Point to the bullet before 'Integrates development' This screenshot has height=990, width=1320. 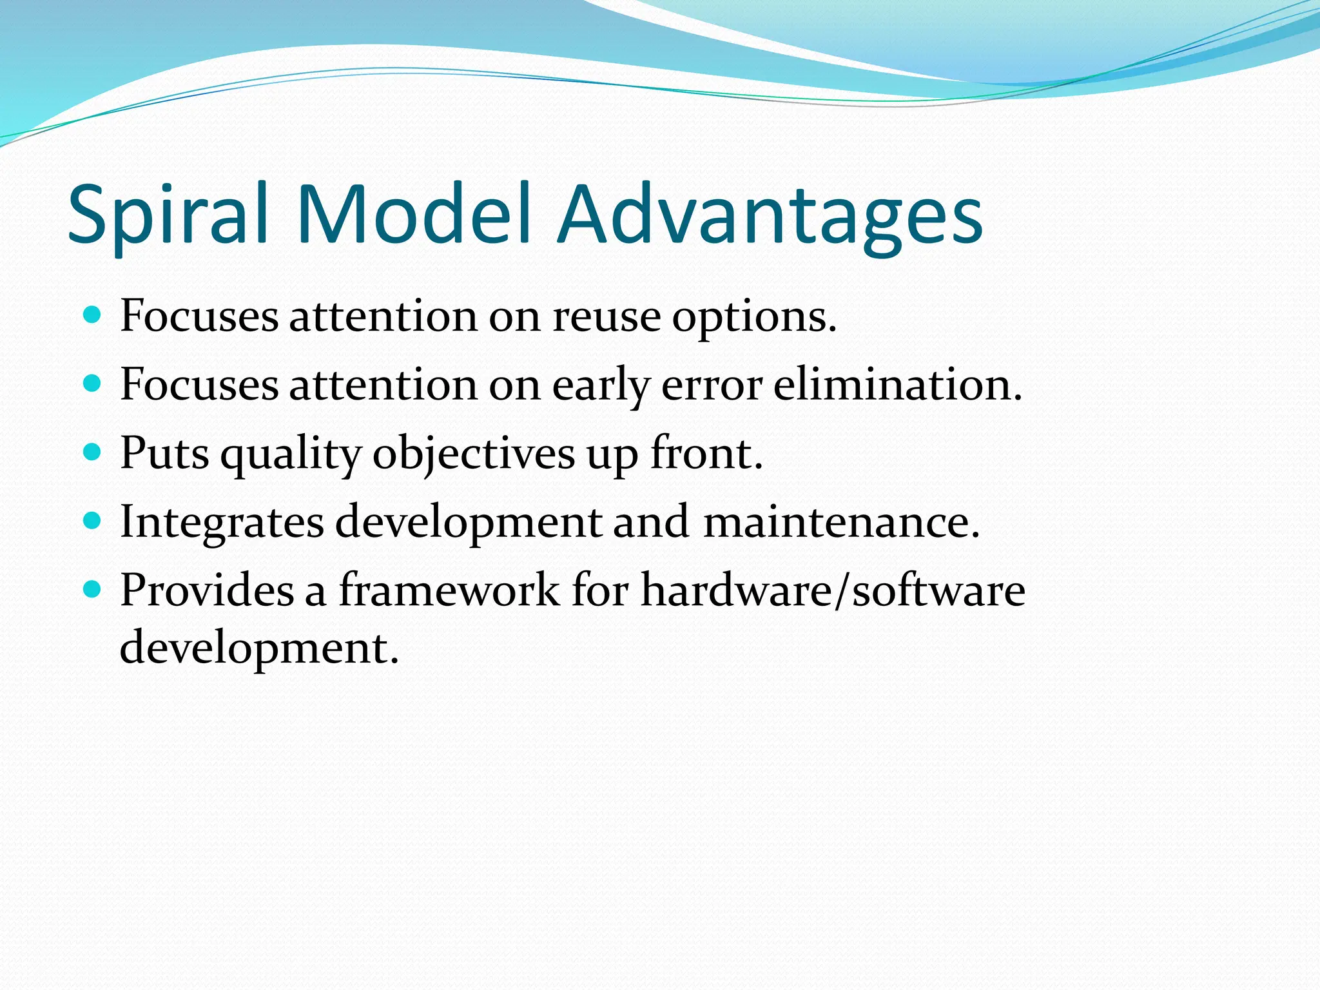(x=93, y=521)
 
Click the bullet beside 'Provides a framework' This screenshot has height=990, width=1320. (x=93, y=589)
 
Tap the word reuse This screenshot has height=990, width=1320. (x=607, y=317)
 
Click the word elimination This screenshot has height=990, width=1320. (x=897, y=385)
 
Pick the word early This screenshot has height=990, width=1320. (x=601, y=386)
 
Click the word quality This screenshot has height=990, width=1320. (x=291, y=454)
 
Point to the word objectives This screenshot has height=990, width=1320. (x=474, y=454)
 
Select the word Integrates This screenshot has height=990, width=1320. (x=222, y=522)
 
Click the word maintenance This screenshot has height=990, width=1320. (x=840, y=522)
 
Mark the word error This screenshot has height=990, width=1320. (x=712, y=385)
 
